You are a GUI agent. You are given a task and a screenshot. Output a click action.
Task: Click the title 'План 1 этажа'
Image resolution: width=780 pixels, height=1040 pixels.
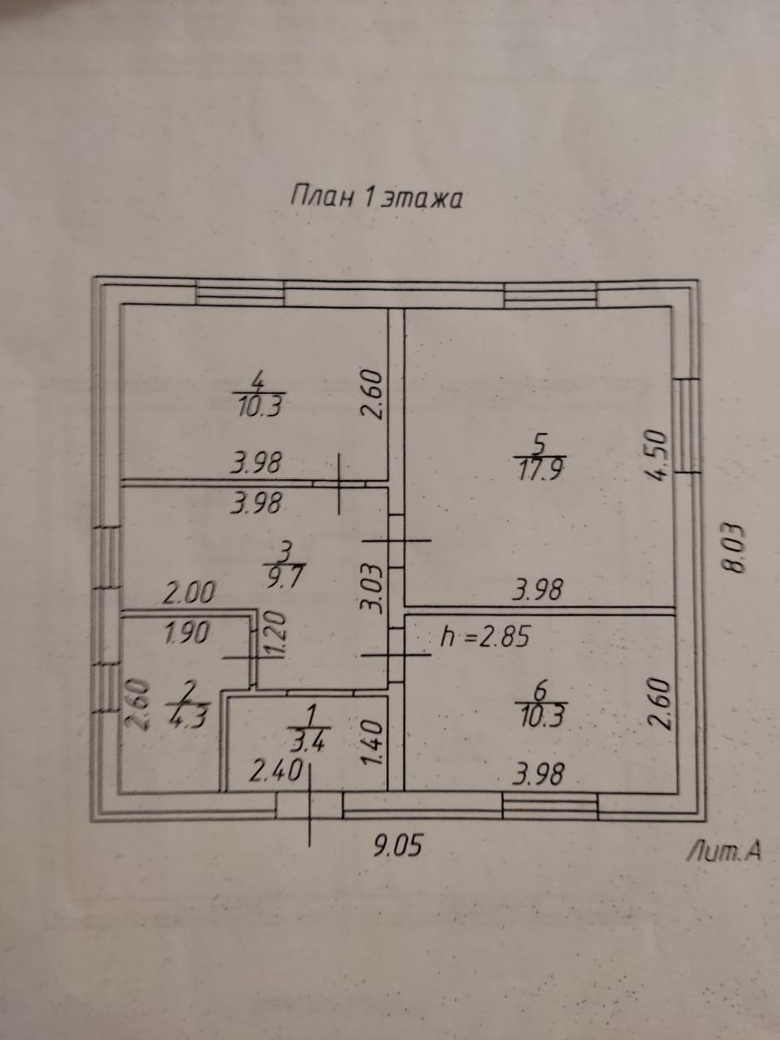pyautogui.click(x=376, y=199)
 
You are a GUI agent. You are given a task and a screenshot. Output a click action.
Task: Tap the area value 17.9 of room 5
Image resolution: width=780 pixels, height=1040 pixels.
pyautogui.click(x=539, y=469)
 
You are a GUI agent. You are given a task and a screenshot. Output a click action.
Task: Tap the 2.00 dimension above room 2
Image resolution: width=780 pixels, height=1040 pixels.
pyautogui.click(x=188, y=593)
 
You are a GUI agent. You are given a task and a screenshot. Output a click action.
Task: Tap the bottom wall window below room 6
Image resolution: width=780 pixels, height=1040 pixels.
pyautogui.click(x=550, y=806)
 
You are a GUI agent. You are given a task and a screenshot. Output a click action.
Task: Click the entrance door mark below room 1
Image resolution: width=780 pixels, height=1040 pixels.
pyautogui.click(x=310, y=806)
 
